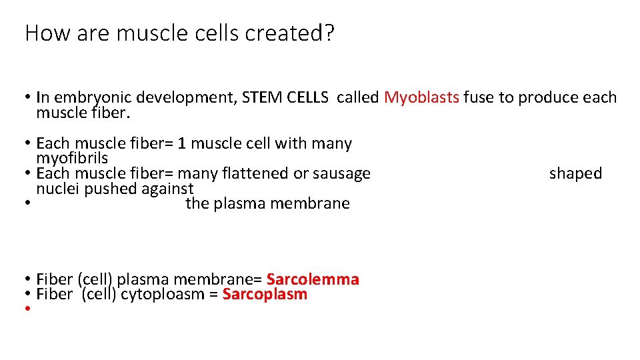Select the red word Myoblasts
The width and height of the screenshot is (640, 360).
(x=421, y=97)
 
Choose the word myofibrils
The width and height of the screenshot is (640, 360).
(x=72, y=158)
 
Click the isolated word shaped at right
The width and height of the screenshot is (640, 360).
(x=575, y=173)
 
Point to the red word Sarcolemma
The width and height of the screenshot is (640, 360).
(x=313, y=279)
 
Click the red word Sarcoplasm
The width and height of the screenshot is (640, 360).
(x=265, y=294)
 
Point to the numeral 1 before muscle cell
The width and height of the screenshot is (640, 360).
(x=182, y=143)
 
